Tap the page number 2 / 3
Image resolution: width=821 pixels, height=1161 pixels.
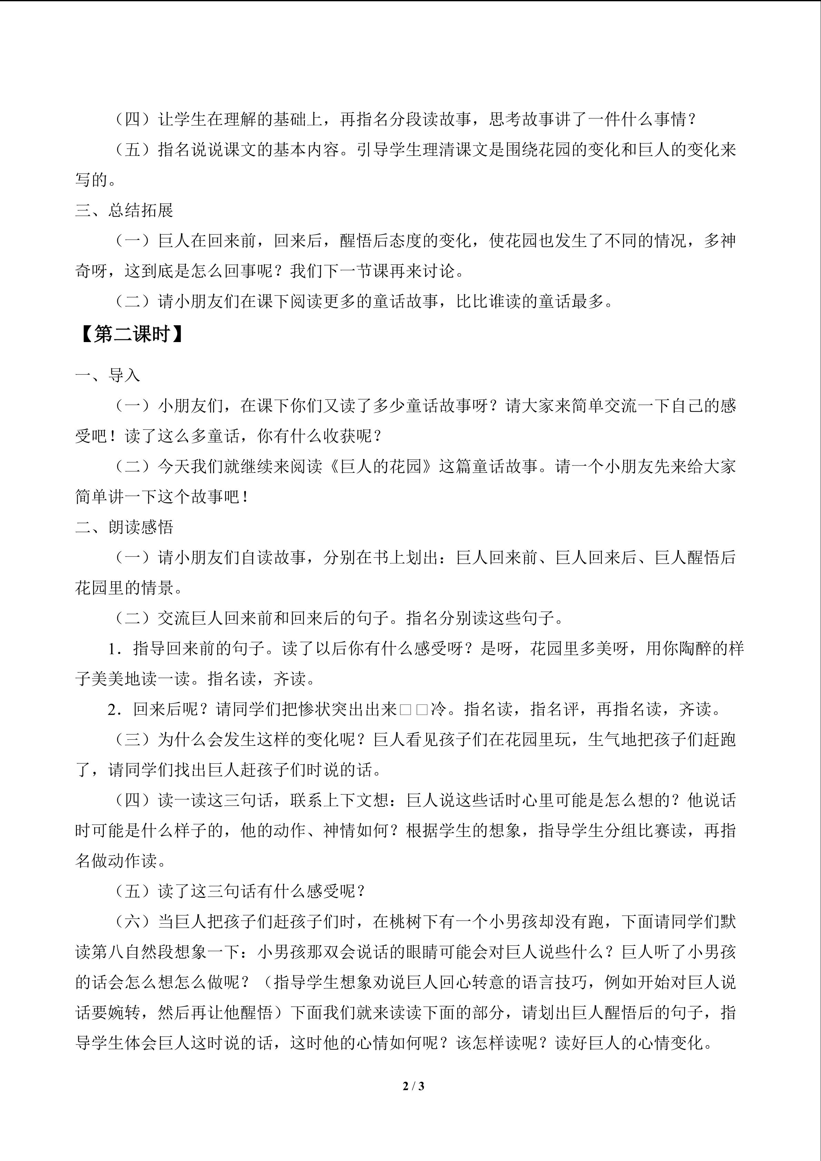pos(413,1085)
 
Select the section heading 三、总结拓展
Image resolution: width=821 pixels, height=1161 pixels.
pos(124,210)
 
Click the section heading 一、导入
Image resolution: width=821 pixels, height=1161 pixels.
pos(108,375)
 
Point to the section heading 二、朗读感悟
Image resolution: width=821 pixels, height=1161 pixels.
pos(124,528)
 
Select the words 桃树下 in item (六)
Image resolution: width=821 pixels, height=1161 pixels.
pos(413,922)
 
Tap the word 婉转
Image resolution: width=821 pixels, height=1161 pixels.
pos(124,1013)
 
